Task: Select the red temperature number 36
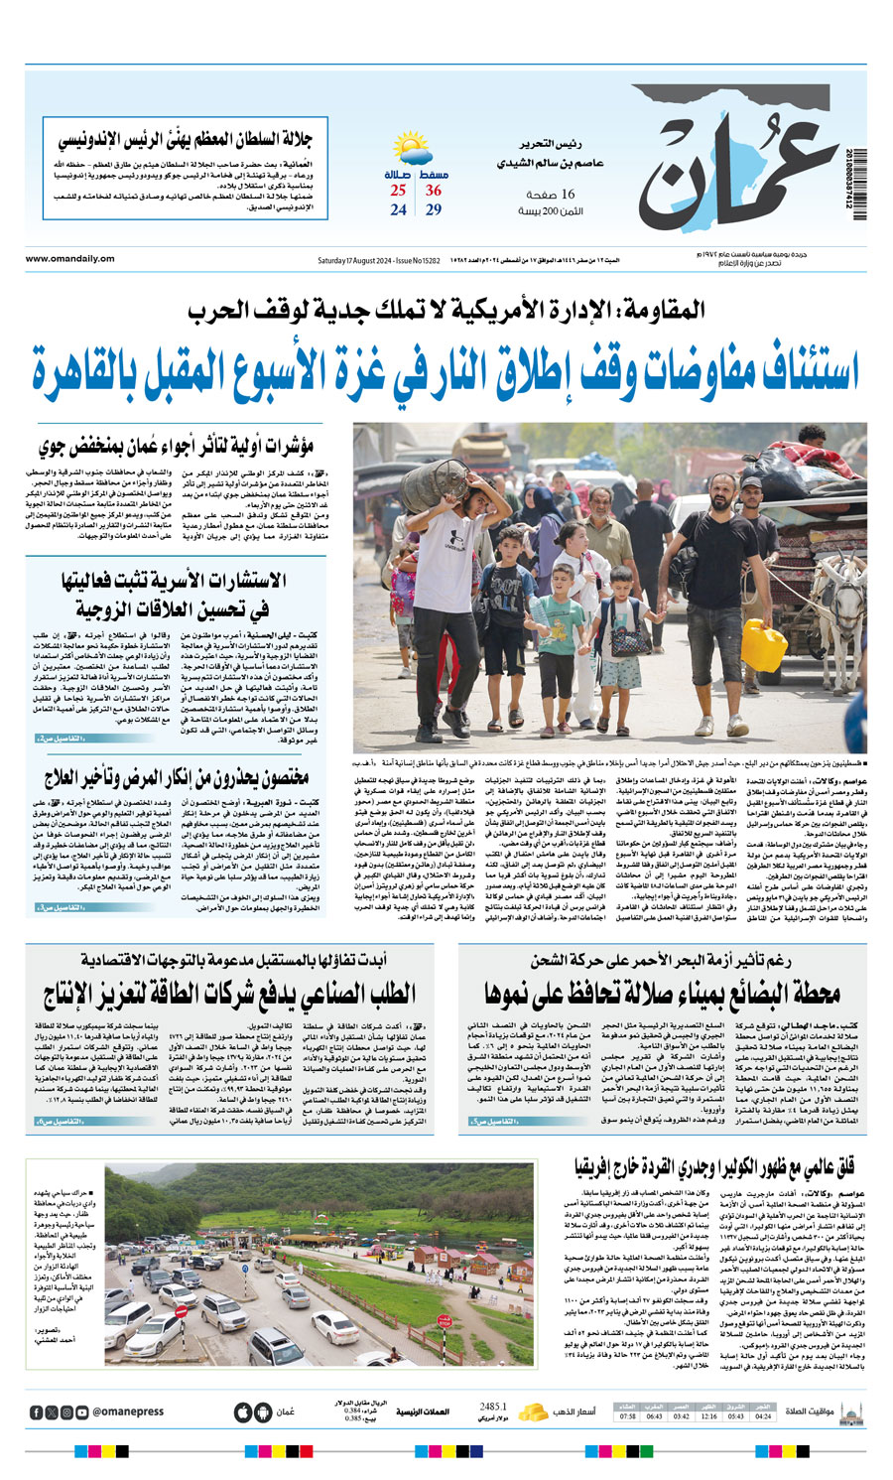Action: click(434, 191)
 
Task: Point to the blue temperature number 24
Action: click(398, 210)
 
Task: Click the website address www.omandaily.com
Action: click(70, 259)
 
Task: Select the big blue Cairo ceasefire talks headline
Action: click(446, 367)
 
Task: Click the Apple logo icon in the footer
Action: click(243, 1413)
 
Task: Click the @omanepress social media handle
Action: click(128, 1413)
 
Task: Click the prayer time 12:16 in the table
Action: click(708, 1416)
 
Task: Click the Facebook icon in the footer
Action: click(37, 1413)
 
